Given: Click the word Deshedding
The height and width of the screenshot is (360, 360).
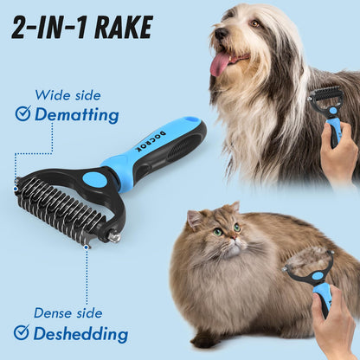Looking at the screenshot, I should pos(81,333).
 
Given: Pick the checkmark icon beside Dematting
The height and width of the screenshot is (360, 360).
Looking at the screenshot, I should pos(22,113).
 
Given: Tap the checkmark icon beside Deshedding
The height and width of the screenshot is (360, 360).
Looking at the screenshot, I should pos(22,333).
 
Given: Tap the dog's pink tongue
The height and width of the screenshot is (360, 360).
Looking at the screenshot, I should pos(222,63).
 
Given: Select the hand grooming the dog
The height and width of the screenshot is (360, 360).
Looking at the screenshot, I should pos(339,156).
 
